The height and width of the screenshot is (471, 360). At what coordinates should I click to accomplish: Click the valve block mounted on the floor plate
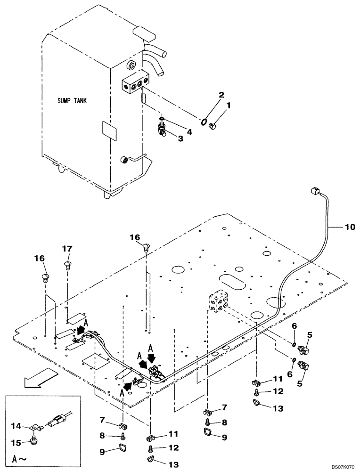(x=219, y=300)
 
